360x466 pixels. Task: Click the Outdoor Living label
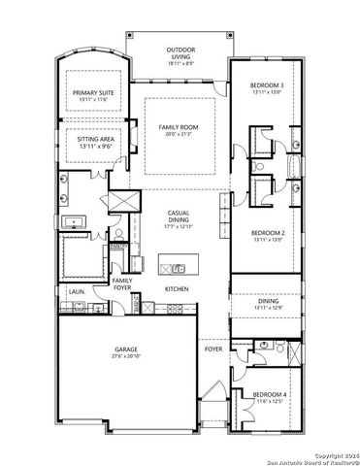pos(180,50)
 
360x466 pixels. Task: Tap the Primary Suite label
pos(94,93)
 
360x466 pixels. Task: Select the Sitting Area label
pos(94,140)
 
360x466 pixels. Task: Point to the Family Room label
pos(180,127)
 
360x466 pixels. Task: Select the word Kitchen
pos(176,289)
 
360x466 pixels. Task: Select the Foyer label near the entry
pos(213,347)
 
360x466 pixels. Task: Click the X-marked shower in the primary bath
pos(122,202)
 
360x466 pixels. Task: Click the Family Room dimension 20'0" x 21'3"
pos(180,135)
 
